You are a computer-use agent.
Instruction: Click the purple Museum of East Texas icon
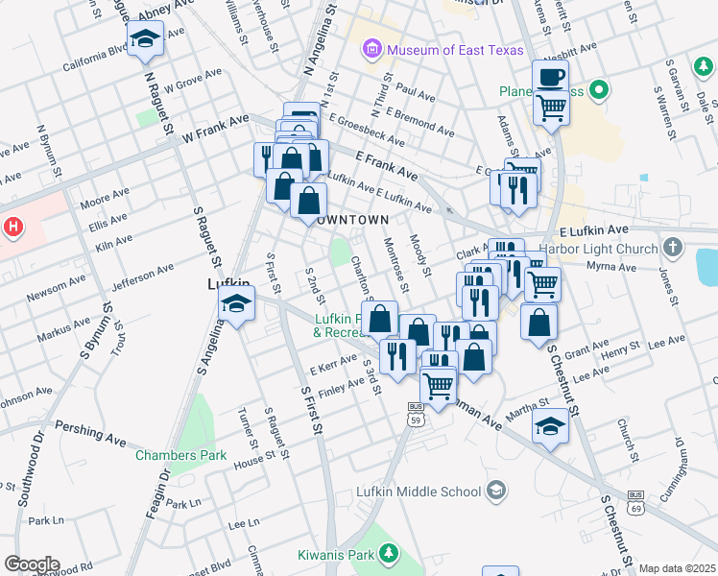371,49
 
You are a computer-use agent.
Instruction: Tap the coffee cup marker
551,78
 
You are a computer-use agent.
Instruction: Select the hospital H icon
13,228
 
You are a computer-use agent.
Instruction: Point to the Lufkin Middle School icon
495,492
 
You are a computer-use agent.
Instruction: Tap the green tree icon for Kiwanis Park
389,553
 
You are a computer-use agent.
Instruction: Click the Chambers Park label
180,454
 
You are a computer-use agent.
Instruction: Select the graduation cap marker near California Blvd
146,39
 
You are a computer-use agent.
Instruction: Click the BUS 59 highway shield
416,414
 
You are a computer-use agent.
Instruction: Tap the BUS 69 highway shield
634,500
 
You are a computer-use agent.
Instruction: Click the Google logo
31,564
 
